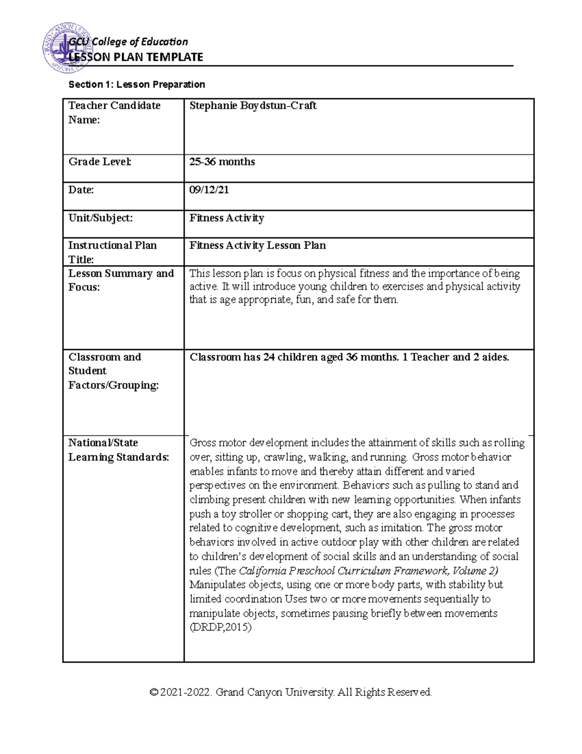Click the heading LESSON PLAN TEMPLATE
(136, 57)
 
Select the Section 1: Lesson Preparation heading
(136, 84)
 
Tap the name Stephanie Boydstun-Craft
(253, 106)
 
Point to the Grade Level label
(99, 162)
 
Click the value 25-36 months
(222, 162)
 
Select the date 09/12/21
(209, 190)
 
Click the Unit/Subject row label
(100, 218)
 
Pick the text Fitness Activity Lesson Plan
(257, 246)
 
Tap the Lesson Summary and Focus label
(120, 280)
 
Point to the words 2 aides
(488, 357)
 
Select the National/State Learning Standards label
(118, 450)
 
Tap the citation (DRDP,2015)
(220, 627)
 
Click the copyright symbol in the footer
(154, 692)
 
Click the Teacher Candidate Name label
(114, 113)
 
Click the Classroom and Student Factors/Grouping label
(113, 371)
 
